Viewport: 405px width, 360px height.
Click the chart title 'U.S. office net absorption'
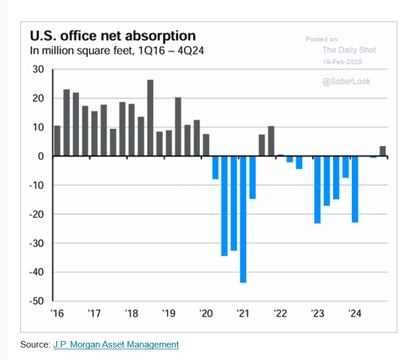click(112, 36)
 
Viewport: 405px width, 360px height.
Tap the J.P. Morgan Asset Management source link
click(116, 345)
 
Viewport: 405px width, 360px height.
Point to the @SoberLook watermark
click(346, 81)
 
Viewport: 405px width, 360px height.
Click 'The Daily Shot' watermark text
click(349, 50)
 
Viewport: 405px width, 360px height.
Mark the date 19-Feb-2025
click(342, 62)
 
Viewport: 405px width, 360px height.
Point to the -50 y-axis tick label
click(36, 301)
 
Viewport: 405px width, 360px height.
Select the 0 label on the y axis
click(41, 156)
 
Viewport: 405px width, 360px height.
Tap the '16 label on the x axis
click(57, 313)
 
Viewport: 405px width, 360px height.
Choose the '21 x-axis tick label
click(243, 313)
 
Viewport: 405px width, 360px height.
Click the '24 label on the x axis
click(355, 313)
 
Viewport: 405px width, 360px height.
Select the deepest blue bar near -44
click(243, 219)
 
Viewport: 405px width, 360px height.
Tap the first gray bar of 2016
click(57, 141)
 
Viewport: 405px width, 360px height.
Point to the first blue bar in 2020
click(215, 168)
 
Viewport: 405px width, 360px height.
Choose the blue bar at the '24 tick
click(355, 189)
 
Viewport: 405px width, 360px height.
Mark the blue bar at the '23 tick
click(317, 190)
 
